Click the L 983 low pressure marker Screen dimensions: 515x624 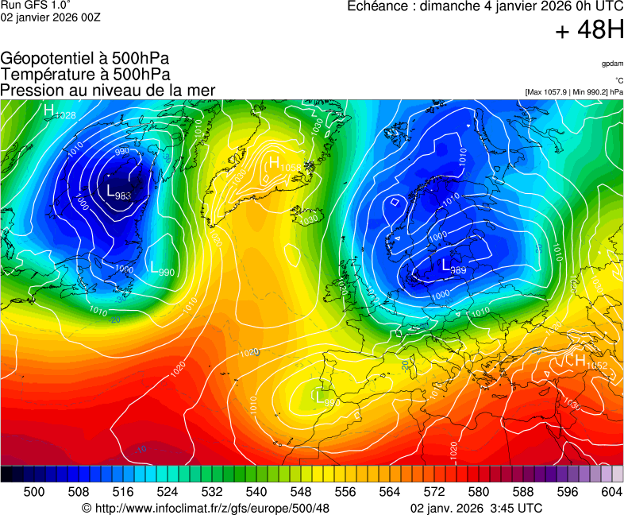[117, 192]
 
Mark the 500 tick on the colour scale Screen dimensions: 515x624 [34, 492]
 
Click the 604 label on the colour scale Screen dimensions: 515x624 [611, 492]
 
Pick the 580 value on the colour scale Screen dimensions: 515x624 [479, 492]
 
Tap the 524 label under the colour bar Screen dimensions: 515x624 [167, 492]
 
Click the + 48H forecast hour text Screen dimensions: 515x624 [589, 31]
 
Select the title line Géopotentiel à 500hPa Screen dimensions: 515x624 [85, 60]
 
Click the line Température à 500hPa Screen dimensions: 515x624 [85, 75]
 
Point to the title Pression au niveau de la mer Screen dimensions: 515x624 [108, 91]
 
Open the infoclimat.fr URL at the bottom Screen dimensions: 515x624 [206, 508]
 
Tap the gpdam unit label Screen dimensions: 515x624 [612, 63]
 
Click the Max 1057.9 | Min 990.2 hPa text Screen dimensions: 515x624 [574, 92]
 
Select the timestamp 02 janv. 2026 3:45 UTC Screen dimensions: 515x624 [476, 508]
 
